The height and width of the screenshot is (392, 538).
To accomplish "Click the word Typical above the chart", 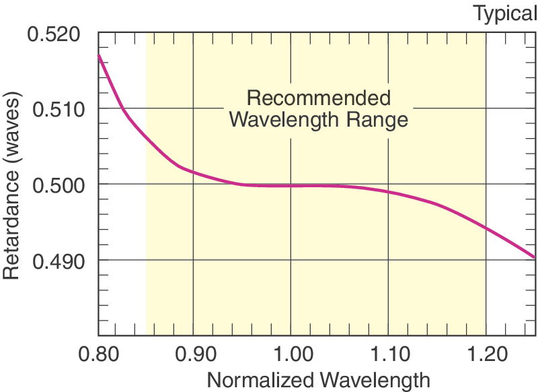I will [504, 13].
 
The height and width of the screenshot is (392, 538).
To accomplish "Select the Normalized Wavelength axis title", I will [317, 380].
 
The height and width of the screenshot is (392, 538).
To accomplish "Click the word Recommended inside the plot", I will [319, 98].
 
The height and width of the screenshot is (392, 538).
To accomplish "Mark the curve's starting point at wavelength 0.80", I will [99, 55].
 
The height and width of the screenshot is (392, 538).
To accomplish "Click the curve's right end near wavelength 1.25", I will [535, 257].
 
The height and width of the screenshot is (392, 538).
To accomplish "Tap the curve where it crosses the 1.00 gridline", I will [291, 186].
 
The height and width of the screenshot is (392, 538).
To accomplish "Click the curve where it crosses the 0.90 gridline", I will [194, 173].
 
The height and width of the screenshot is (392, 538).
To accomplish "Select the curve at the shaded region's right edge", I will [486, 228].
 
